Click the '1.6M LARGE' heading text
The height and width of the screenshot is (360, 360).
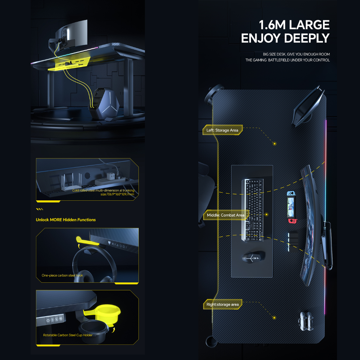294,25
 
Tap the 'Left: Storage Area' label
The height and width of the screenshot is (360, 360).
222,130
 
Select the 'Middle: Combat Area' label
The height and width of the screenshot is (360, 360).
225,215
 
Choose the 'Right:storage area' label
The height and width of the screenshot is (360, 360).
222,304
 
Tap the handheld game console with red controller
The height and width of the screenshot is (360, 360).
291,207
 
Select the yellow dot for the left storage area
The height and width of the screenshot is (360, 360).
275,144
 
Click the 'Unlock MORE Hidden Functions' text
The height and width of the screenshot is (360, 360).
66,220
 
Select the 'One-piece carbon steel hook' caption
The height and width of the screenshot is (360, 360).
62,275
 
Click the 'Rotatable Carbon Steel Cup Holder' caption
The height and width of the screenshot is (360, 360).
68,335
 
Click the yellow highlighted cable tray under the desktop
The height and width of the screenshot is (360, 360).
69,63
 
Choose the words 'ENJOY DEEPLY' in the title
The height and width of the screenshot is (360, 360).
285,38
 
